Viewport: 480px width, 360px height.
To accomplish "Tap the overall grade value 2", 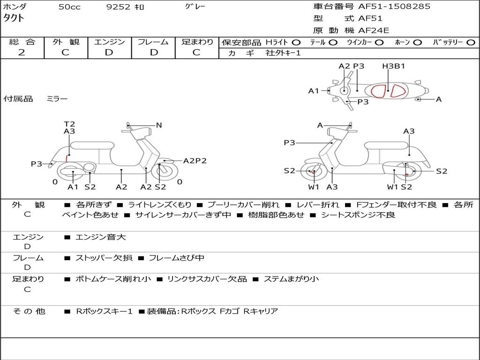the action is coord(22,52).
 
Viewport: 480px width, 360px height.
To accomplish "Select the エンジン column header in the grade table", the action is coord(109,42).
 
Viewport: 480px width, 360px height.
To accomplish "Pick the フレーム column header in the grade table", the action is coord(153,42).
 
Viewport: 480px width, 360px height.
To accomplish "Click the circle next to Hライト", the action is coord(297,42).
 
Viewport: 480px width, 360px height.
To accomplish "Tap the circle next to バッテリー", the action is coord(471,42).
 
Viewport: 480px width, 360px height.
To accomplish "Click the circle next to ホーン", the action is coord(418,42).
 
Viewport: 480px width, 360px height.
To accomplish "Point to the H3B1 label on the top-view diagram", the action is coord(393,66).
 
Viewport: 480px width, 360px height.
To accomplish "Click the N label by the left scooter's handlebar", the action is coord(159,125).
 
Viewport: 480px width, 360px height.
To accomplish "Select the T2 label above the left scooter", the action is coord(69,124).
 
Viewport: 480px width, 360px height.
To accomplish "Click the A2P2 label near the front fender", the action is coord(195,161).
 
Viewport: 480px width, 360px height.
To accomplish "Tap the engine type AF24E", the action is coord(374,30).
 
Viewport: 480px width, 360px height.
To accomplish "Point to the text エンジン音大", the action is coord(100,237).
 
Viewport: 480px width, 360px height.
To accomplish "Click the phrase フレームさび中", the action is coord(177,258).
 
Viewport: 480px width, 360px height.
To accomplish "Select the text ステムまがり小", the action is coord(291,279).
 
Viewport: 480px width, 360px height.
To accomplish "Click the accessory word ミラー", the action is coord(57,99).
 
